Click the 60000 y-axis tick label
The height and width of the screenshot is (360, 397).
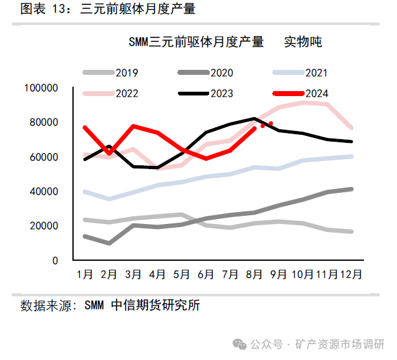(x=43, y=157)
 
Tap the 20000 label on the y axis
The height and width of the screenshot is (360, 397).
(x=43, y=226)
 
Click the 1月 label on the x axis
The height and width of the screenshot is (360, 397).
(x=85, y=274)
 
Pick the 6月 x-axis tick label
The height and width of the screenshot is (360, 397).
(x=205, y=274)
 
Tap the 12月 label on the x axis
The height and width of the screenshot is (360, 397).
(x=350, y=274)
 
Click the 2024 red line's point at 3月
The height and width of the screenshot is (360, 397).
(x=134, y=126)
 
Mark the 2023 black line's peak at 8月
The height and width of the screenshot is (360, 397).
(x=254, y=118)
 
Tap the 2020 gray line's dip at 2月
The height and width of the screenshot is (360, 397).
(x=109, y=243)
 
